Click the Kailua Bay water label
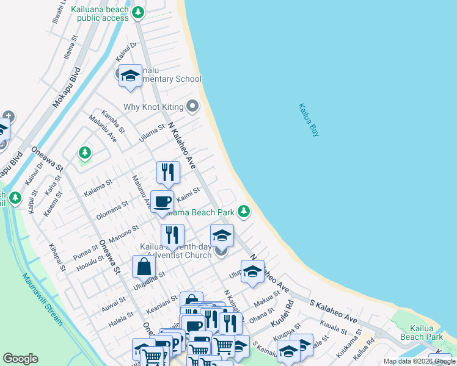[x=309, y=120]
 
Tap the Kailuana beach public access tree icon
[x=139, y=11]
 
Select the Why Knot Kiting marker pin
[x=192, y=107]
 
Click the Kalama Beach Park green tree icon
[x=244, y=212]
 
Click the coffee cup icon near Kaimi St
[x=162, y=201]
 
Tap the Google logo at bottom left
[x=21, y=359]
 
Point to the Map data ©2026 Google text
[x=420, y=361]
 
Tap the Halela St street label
[x=120, y=315]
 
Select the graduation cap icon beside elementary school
[x=130, y=76]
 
